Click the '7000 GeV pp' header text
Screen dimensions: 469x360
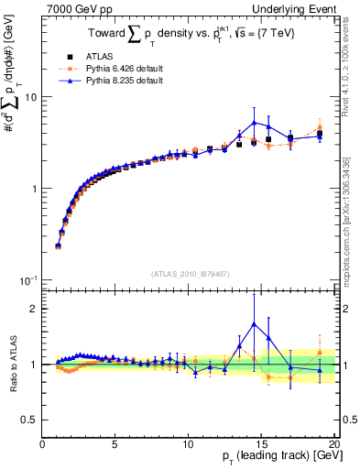(74, 8)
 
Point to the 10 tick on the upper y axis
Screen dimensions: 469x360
(32, 97)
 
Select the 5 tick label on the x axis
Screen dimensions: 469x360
(115, 445)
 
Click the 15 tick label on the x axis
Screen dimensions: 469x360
(261, 445)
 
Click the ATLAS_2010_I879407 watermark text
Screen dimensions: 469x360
(190, 274)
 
